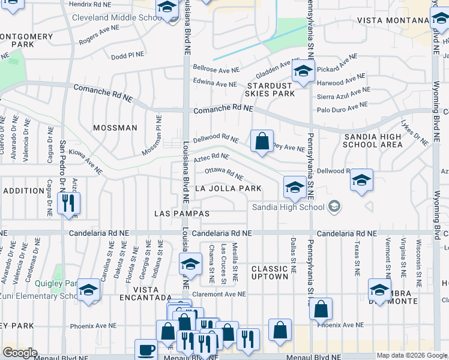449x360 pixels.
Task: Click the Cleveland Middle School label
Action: (114, 17)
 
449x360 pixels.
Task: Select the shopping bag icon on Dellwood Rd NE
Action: (262, 142)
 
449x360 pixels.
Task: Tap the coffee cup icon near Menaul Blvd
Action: (147, 349)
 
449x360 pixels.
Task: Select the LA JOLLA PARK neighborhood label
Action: (228, 188)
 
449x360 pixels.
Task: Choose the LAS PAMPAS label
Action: (182, 214)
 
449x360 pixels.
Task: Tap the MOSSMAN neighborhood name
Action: (115, 128)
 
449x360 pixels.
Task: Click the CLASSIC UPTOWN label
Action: (270, 272)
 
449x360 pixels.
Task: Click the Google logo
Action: (20, 352)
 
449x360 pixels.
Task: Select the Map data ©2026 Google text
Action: (412, 355)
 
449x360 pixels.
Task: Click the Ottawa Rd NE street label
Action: (223, 173)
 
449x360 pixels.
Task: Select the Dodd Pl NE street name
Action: (127, 55)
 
